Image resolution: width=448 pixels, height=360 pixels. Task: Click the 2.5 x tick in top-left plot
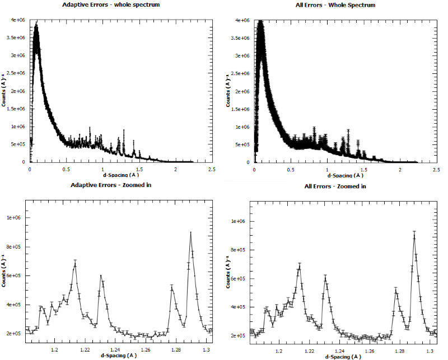(x=212, y=168)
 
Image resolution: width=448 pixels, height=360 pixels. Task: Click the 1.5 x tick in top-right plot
(x=364, y=169)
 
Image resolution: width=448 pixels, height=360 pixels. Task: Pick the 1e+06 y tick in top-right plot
(x=242, y=127)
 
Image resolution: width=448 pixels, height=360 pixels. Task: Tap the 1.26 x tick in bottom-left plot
(x=146, y=350)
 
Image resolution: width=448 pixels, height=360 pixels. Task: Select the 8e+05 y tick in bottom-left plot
(x=16, y=246)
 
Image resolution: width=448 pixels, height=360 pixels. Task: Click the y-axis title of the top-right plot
(x=228, y=91)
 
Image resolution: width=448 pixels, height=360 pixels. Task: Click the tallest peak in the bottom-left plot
(x=191, y=233)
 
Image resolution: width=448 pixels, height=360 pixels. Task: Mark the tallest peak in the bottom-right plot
(x=414, y=232)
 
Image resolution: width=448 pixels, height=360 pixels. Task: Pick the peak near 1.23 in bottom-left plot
(x=101, y=275)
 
